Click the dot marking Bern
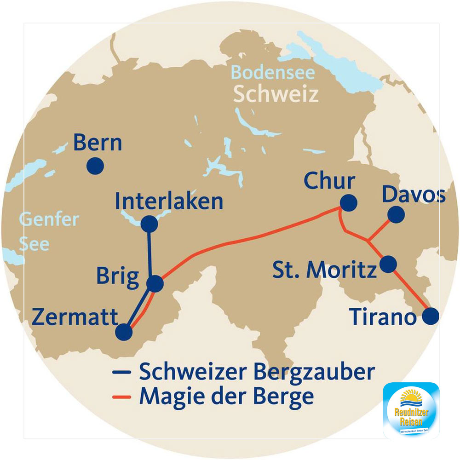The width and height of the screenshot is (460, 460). coord(95,165)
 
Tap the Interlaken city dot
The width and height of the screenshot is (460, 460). coord(149,224)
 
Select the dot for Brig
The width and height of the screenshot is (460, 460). coord(155,284)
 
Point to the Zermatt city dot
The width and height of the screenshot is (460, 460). coord(124,332)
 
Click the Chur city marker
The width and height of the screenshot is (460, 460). coord(348,202)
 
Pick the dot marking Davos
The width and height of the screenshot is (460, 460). coord(396,214)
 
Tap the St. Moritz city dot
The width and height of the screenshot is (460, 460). coord(388,264)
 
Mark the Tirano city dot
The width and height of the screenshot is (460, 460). coord(431,316)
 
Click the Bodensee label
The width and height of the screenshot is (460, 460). coord(273,73)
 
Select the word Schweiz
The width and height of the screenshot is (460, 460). coord(276,94)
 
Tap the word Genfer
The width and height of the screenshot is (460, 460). coord(49,220)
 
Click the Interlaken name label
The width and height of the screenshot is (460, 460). coord(169,201)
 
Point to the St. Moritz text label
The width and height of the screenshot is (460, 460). coord(324,270)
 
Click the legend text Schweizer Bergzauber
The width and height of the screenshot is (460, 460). coord(257,372)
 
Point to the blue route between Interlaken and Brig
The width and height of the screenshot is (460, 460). coord(149,253)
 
